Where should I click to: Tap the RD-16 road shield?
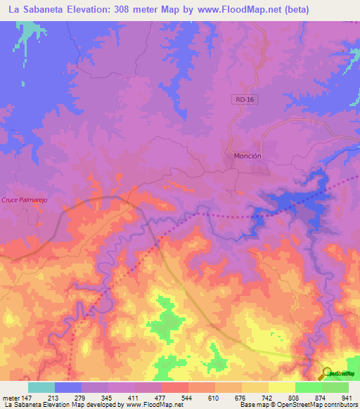click(242, 100)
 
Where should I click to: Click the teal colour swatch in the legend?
click(41, 387)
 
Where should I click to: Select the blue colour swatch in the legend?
click(68, 387)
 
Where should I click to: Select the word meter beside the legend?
click(12, 397)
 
